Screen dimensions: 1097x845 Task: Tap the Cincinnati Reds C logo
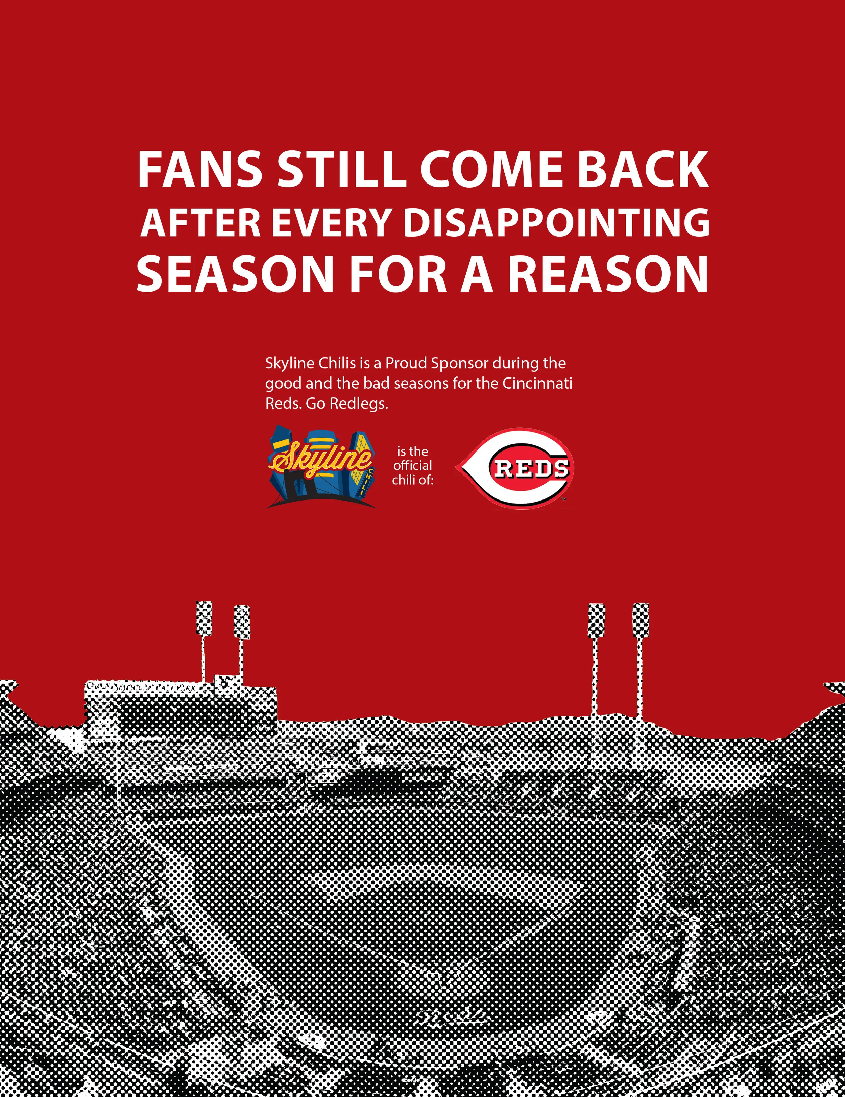coord(514,468)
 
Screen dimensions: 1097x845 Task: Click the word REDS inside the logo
coord(532,468)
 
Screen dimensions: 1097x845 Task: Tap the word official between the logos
coord(412,466)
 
